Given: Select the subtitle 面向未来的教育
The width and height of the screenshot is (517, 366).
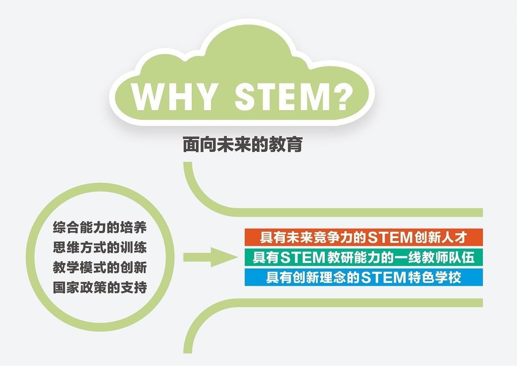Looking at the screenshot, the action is (x=243, y=145).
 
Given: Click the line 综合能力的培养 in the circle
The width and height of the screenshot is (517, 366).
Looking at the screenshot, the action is (x=100, y=227).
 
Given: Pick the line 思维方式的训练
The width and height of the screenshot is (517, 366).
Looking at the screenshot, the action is (x=100, y=247).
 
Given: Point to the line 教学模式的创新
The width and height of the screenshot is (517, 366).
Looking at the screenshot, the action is (x=100, y=268).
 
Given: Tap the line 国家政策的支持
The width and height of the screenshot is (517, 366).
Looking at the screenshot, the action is (x=100, y=288).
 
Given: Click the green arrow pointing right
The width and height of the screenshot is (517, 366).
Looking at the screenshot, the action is (x=211, y=257).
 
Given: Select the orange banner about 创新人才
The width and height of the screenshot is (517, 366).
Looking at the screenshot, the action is (x=364, y=237).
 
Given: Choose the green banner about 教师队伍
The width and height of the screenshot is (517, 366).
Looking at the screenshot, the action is (x=364, y=257).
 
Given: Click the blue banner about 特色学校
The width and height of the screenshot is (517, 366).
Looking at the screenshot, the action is (x=364, y=277).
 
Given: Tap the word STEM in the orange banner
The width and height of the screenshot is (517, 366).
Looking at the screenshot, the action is (x=390, y=237).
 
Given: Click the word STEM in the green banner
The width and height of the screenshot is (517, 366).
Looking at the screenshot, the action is (x=303, y=257).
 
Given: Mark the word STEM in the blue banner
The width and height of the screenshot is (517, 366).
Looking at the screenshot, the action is (x=383, y=278).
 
